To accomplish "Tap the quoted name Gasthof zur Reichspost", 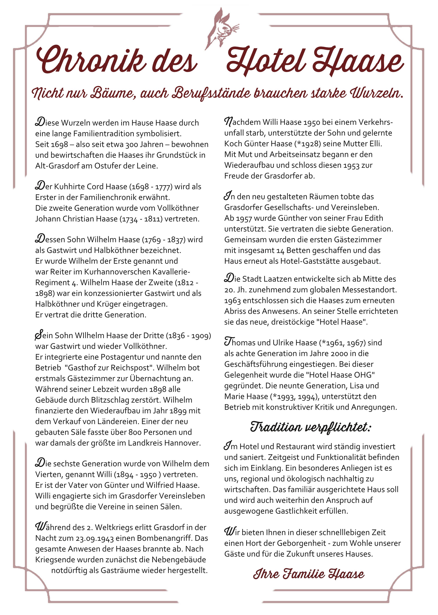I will pyautogui.click(x=109, y=368).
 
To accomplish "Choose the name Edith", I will pyautogui.click(x=374, y=218).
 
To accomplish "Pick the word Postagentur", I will pyautogui.click(x=123, y=357).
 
